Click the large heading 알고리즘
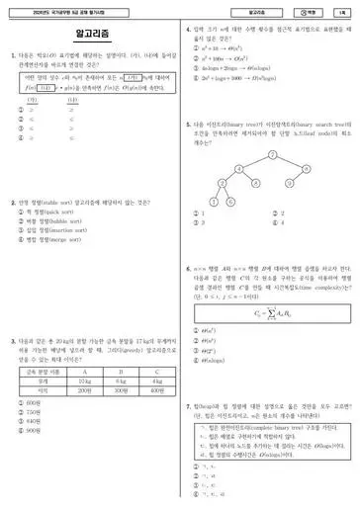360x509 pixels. [90, 34]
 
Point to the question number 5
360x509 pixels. [188, 125]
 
